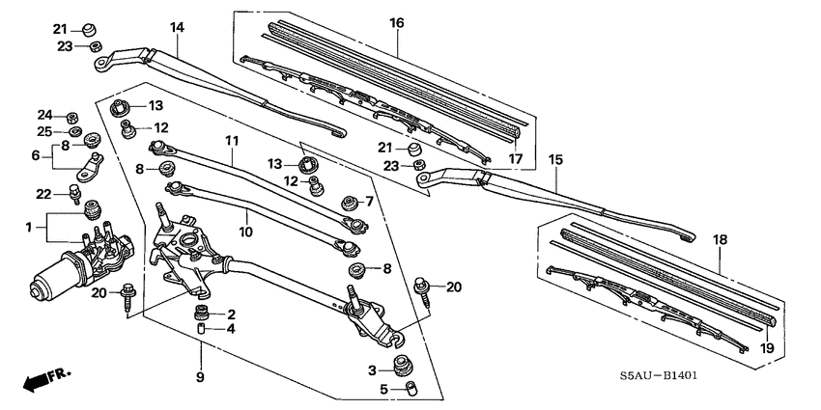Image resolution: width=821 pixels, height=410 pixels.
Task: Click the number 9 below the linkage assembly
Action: [202, 377]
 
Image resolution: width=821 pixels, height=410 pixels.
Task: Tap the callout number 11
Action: [231, 141]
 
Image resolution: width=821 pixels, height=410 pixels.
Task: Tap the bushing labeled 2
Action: [202, 313]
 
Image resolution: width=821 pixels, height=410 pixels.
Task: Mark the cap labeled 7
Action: [350, 202]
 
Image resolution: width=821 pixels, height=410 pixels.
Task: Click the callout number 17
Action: [515, 159]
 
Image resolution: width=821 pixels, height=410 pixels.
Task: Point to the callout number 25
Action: [44, 131]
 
